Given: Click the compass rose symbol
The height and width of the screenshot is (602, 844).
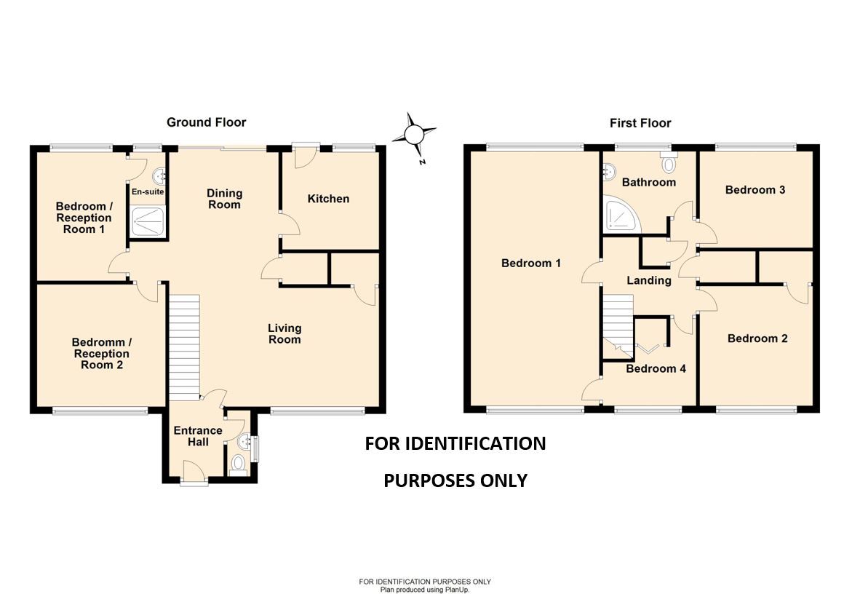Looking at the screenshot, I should click(414, 135).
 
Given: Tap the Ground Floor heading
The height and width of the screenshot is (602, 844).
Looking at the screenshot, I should click(207, 122).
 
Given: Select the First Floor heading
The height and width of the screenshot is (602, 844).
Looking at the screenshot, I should click(640, 123).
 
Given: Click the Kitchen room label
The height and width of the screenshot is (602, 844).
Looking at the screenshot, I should click(328, 199).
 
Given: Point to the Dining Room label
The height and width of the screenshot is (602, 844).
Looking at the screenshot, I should click(224, 199).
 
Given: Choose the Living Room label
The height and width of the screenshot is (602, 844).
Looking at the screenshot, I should click(284, 334).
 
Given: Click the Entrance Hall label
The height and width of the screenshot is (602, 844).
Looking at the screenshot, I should click(197, 436).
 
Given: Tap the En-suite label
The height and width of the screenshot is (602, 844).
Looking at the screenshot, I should click(147, 192).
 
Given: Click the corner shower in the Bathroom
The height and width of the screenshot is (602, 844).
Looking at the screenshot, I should click(621, 215).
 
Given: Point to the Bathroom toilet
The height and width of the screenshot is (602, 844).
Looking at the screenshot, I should click(669, 163).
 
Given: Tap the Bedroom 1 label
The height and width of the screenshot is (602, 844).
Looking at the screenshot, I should click(531, 263).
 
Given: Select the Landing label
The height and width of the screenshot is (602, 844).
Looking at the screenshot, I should click(649, 280).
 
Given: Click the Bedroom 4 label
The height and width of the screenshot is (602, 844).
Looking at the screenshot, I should click(656, 368).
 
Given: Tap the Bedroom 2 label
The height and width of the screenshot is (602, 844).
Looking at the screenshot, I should click(757, 338).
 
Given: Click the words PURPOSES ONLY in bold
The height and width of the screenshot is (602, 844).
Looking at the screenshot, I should click(455, 480).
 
